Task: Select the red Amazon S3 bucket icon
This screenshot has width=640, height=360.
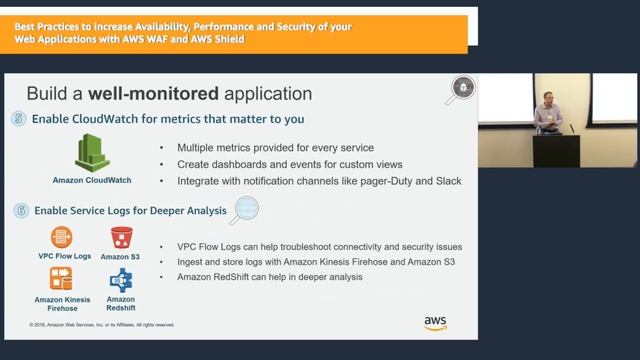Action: click(x=122, y=236)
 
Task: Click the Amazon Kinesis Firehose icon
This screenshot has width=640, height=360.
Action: click(x=62, y=278)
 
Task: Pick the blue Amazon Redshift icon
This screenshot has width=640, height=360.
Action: click(x=121, y=280)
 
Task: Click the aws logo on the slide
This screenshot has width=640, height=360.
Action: click(x=435, y=323)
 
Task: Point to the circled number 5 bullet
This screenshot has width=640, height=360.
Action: click(x=20, y=118)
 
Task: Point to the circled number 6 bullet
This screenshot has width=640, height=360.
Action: click(x=20, y=211)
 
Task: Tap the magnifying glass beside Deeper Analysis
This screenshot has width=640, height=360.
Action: click(x=243, y=210)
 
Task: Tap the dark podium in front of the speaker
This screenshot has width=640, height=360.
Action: click(x=555, y=150)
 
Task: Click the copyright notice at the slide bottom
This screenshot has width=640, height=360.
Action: click(x=102, y=325)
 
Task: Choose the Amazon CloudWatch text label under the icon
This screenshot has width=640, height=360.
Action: click(x=92, y=181)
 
